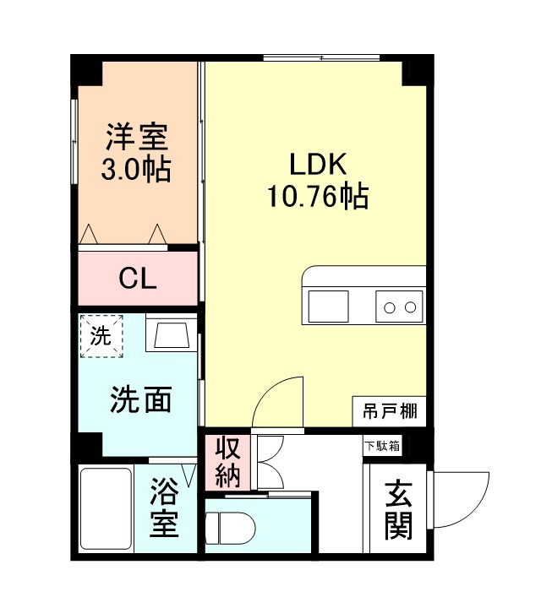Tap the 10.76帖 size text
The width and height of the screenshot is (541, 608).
318,197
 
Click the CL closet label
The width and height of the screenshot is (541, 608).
137,280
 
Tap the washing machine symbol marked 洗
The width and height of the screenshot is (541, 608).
101,335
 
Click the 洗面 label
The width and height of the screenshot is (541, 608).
140,399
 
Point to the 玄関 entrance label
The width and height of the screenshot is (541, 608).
397,510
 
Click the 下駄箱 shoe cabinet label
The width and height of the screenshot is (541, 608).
382,445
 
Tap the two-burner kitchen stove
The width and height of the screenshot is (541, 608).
399,305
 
